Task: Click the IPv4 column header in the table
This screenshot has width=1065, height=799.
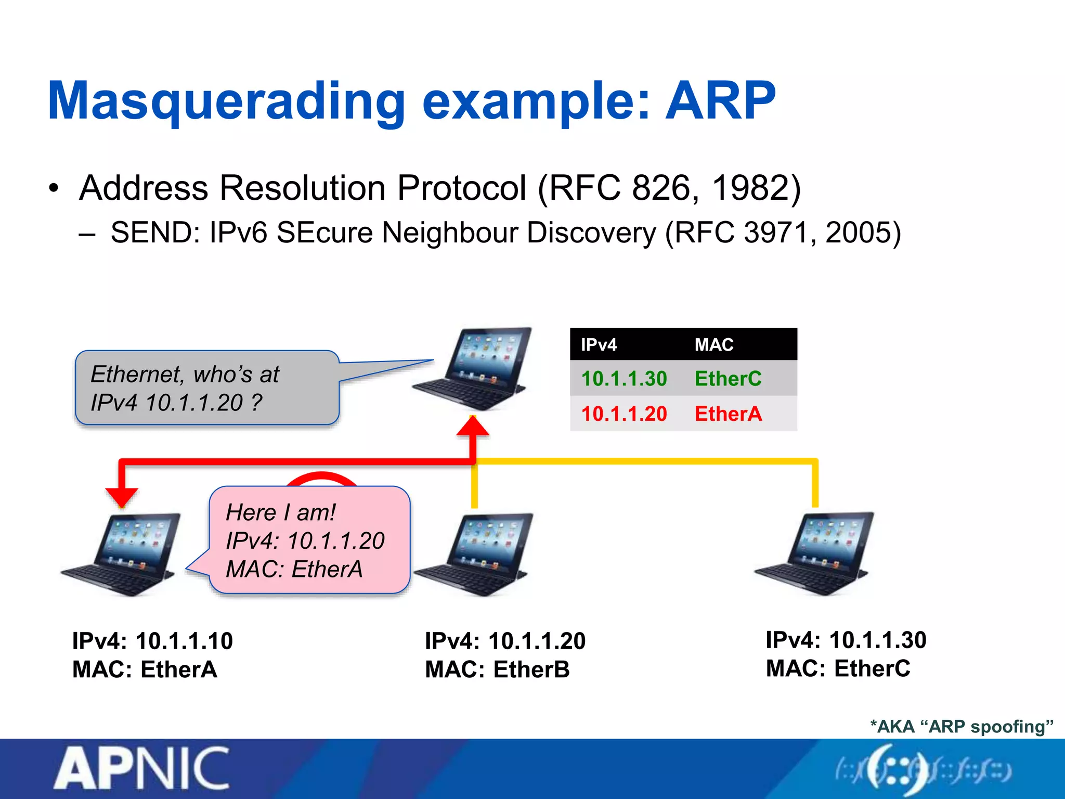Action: [599, 345]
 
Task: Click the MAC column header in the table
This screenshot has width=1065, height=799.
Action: [714, 345]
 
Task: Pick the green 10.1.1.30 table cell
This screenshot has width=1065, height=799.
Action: [624, 379]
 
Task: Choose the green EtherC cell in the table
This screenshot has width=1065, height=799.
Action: [728, 379]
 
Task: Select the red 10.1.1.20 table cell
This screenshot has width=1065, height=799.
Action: [624, 414]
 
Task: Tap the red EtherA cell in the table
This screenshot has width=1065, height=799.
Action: [728, 414]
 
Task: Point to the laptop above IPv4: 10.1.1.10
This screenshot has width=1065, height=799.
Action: [122, 554]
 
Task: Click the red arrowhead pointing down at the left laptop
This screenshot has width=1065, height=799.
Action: [122, 497]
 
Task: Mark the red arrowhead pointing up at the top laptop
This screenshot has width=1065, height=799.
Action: [473, 426]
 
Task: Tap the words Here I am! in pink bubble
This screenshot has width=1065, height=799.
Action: [281, 513]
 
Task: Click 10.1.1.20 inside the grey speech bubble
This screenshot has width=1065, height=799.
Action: [194, 403]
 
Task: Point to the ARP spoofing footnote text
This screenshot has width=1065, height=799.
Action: [962, 727]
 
